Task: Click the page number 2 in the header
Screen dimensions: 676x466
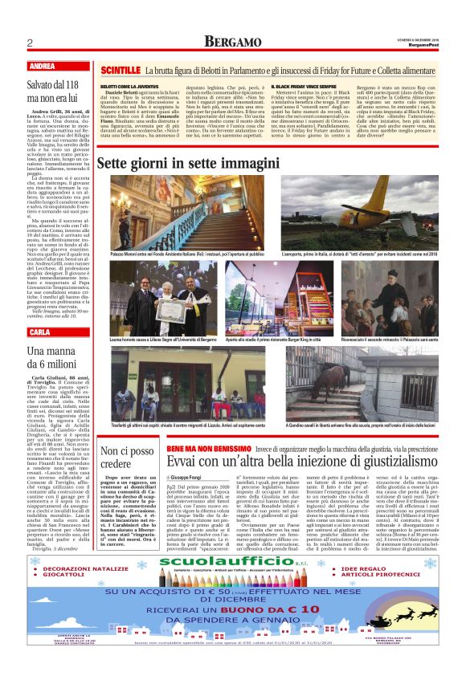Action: click(30, 42)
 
